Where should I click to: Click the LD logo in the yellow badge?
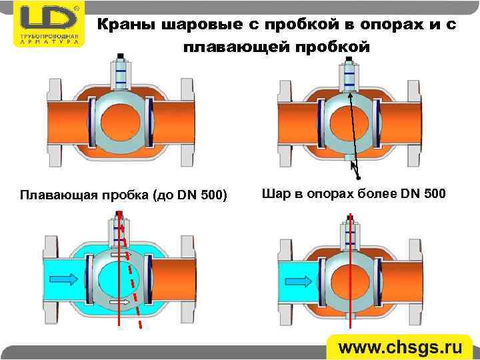point(48,17)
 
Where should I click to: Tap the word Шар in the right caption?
point(275,194)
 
